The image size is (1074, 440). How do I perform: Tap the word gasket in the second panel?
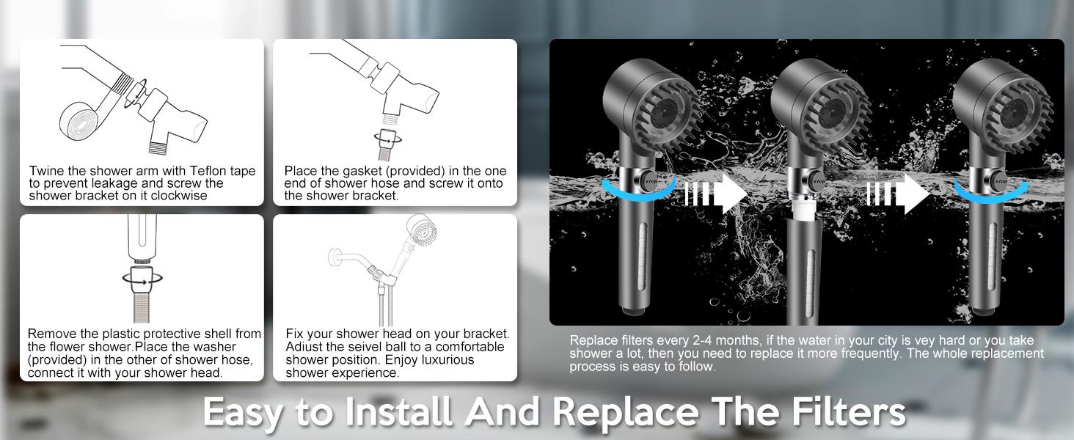pos(361,171)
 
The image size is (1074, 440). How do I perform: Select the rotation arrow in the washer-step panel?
pos(141,279)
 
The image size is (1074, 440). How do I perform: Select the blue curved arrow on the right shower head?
pos(991,188)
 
